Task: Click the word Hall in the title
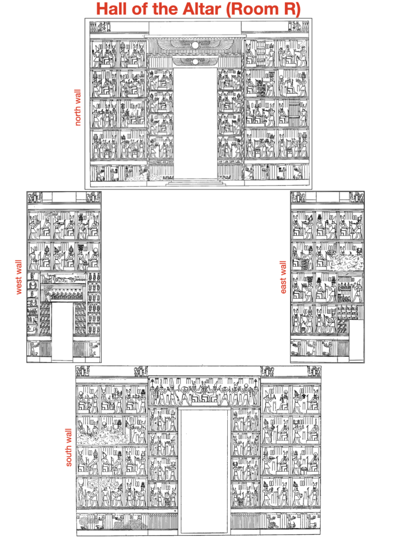[x=112, y=8]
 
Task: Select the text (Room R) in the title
[x=263, y=9]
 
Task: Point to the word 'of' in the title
[x=140, y=8]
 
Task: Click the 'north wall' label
[x=78, y=107]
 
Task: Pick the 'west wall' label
[x=19, y=277]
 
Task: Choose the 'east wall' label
[x=283, y=277]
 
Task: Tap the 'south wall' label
[x=69, y=447]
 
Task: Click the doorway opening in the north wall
[x=195, y=123]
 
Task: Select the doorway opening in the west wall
[x=62, y=331]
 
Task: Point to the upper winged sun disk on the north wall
[x=195, y=45]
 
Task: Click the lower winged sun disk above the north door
[x=195, y=62]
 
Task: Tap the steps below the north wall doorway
[x=195, y=182]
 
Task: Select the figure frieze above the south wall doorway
[x=204, y=392]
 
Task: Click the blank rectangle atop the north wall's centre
[x=195, y=28]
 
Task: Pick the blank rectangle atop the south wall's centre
[x=204, y=371]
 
